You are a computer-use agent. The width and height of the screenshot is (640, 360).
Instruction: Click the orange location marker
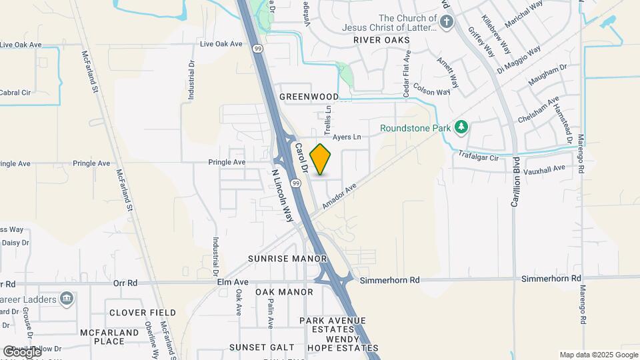pyautogui.click(x=321, y=159)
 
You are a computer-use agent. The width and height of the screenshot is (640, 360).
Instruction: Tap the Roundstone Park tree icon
pyautogui.click(x=461, y=127)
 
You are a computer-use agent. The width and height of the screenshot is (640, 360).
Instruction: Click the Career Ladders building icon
pyautogui.click(x=66, y=297)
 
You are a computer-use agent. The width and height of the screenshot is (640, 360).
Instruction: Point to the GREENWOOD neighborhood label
pyautogui.click(x=309, y=97)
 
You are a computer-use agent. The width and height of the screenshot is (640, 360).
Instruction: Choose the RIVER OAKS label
pyautogui.click(x=381, y=40)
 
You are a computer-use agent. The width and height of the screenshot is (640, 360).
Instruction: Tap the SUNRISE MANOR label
pyautogui.click(x=287, y=259)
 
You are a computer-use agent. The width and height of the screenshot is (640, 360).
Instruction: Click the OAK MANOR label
pyautogui.click(x=284, y=292)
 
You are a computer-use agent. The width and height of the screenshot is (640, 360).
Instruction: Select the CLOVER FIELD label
pyautogui.click(x=143, y=313)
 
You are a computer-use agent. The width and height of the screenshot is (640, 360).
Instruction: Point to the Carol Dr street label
pyautogui.click(x=300, y=157)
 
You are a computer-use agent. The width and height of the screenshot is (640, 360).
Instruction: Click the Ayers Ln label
pyautogui.click(x=347, y=137)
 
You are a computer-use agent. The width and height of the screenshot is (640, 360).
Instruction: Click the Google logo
pyautogui.click(x=21, y=351)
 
